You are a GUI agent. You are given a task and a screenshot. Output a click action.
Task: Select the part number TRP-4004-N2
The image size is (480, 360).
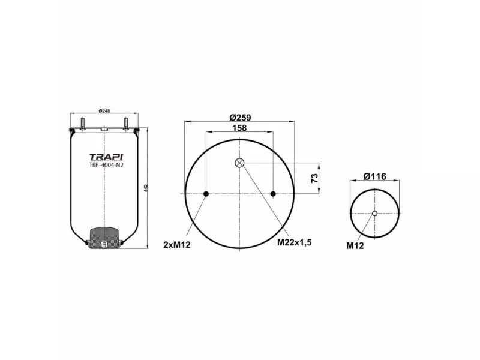point(106,165)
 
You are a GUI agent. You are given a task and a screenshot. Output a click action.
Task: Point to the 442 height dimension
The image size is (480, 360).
point(145,188)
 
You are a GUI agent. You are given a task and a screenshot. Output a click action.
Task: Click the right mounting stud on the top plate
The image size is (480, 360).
point(127,124)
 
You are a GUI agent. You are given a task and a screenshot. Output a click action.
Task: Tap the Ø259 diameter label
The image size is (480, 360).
point(240,118)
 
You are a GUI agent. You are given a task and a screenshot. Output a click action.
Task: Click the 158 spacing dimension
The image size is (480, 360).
point(239,128)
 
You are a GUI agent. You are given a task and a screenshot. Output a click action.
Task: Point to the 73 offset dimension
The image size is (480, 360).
point(313,178)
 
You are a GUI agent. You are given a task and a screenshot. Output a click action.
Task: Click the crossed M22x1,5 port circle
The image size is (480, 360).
point(239,163)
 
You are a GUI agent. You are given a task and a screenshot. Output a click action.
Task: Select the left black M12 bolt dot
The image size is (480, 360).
point(206,194)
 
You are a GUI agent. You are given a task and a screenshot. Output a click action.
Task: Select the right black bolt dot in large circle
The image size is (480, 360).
point(273,194)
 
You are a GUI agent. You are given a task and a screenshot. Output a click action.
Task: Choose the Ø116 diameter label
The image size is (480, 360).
point(374,176)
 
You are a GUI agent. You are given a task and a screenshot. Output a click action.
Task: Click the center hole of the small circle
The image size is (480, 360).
point(375,214)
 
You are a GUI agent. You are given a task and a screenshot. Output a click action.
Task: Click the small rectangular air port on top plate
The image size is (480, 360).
point(104,128)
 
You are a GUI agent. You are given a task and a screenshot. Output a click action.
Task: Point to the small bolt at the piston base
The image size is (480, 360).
point(104,244)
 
